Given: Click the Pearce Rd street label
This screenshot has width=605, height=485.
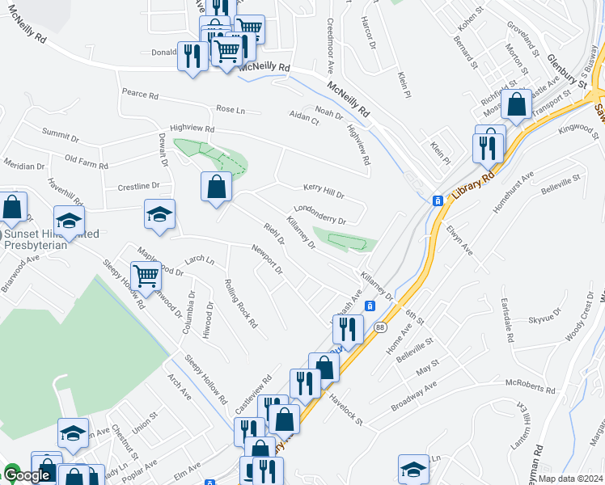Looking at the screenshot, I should pyautogui.click(x=140, y=95).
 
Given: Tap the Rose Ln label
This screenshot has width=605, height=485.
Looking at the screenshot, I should pyautogui.click(x=230, y=109).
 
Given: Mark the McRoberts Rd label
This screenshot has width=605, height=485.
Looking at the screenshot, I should pyautogui.click(x=530, y=386).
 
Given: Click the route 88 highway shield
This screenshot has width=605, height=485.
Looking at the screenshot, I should pyautogui.click(x=379, y=327).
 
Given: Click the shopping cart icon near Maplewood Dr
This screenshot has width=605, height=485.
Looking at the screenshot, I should pyautogui.click(x=146, y=276).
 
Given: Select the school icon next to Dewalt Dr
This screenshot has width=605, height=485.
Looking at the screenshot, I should pyautogui.click(x=159, y=214).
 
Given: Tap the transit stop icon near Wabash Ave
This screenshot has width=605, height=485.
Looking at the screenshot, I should pyautogui.click(x=370, y=306).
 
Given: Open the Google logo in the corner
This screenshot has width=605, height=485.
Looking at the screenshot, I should pyautogui.click(x=26, y=475).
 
